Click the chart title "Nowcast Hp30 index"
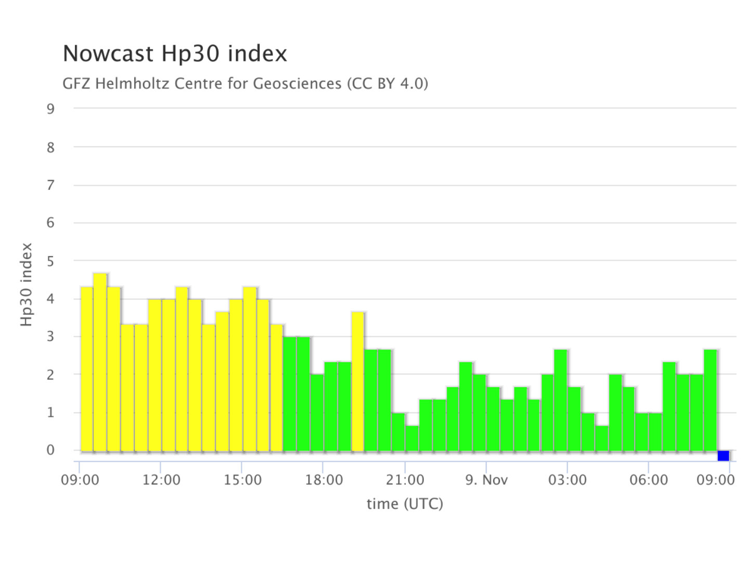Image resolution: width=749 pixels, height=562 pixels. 175,54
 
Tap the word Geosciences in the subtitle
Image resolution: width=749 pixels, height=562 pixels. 297,83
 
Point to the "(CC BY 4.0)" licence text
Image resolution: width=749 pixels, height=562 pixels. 388,83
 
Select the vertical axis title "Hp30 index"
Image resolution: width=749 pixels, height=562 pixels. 27,285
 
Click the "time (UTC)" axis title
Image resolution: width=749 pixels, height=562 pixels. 405,504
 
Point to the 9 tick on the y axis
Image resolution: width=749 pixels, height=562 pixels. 50,109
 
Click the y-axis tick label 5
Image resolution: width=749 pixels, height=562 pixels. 50,261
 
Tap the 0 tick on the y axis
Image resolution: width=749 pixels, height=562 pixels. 50,450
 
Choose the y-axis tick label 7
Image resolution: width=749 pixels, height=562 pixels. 50,185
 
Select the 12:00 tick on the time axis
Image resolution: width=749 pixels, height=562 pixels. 161,480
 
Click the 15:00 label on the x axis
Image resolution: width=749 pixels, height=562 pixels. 242,480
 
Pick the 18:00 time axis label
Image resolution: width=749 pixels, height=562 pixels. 324,480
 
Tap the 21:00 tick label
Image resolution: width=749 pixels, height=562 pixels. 405,480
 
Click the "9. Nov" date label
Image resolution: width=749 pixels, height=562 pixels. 486,480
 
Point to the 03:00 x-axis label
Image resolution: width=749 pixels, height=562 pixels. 567,480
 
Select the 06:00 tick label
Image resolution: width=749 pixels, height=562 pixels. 649,480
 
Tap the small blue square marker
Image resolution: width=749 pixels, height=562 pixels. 723,456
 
